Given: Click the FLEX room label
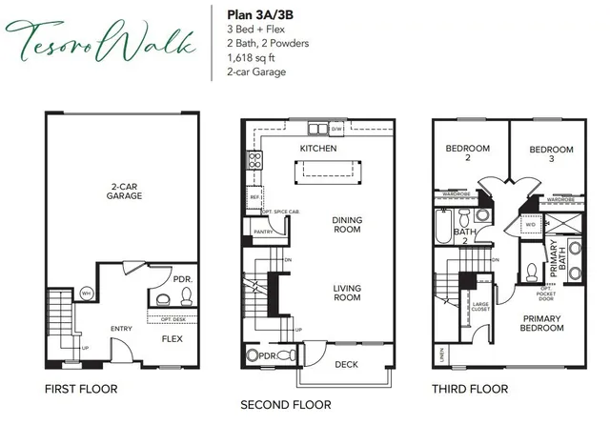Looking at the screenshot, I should [172, 338].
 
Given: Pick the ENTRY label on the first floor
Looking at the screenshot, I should [121, 329].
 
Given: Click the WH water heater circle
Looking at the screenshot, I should [86, 293].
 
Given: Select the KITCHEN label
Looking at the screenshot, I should [318, 150].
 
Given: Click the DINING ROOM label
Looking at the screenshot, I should [347, 226].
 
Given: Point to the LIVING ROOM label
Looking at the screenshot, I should [347, 293].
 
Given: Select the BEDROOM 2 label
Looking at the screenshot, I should [469, 153].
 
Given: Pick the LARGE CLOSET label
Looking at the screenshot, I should [480, 308].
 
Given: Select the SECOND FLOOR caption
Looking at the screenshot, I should [286, 405].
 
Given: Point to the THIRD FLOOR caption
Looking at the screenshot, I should [469, 389].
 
